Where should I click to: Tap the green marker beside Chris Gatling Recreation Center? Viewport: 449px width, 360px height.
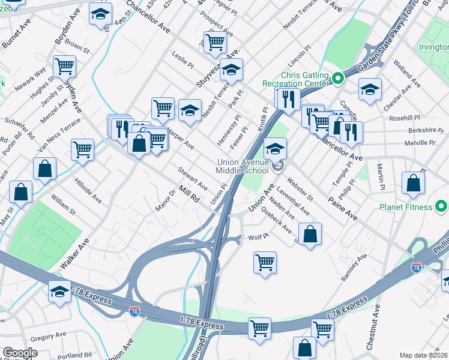pyautogui.click(x=338, y=77)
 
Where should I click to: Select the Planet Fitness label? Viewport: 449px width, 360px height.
pyautogui.click(x=406, y=208)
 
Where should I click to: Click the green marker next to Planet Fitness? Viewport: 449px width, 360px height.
pyautogui.click(x=441, y=208)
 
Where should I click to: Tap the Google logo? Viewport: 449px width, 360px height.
pyautogui.click(x=20, y=353)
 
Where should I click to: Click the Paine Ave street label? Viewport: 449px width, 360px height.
pyautogui.click(x=342, y=208)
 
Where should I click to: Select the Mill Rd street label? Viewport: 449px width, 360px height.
pyautogui.click(x=188, y=197)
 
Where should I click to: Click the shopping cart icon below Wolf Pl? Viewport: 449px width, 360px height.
pyautogui.click(x=265, y=262)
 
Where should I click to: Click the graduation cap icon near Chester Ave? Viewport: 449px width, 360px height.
pyautogui.click(x=370, y=90)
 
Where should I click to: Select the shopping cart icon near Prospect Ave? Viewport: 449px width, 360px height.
pyautogui.click(x=214, y=41)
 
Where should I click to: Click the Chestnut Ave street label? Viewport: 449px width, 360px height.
pyautogui.click(x=374, y=327)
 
